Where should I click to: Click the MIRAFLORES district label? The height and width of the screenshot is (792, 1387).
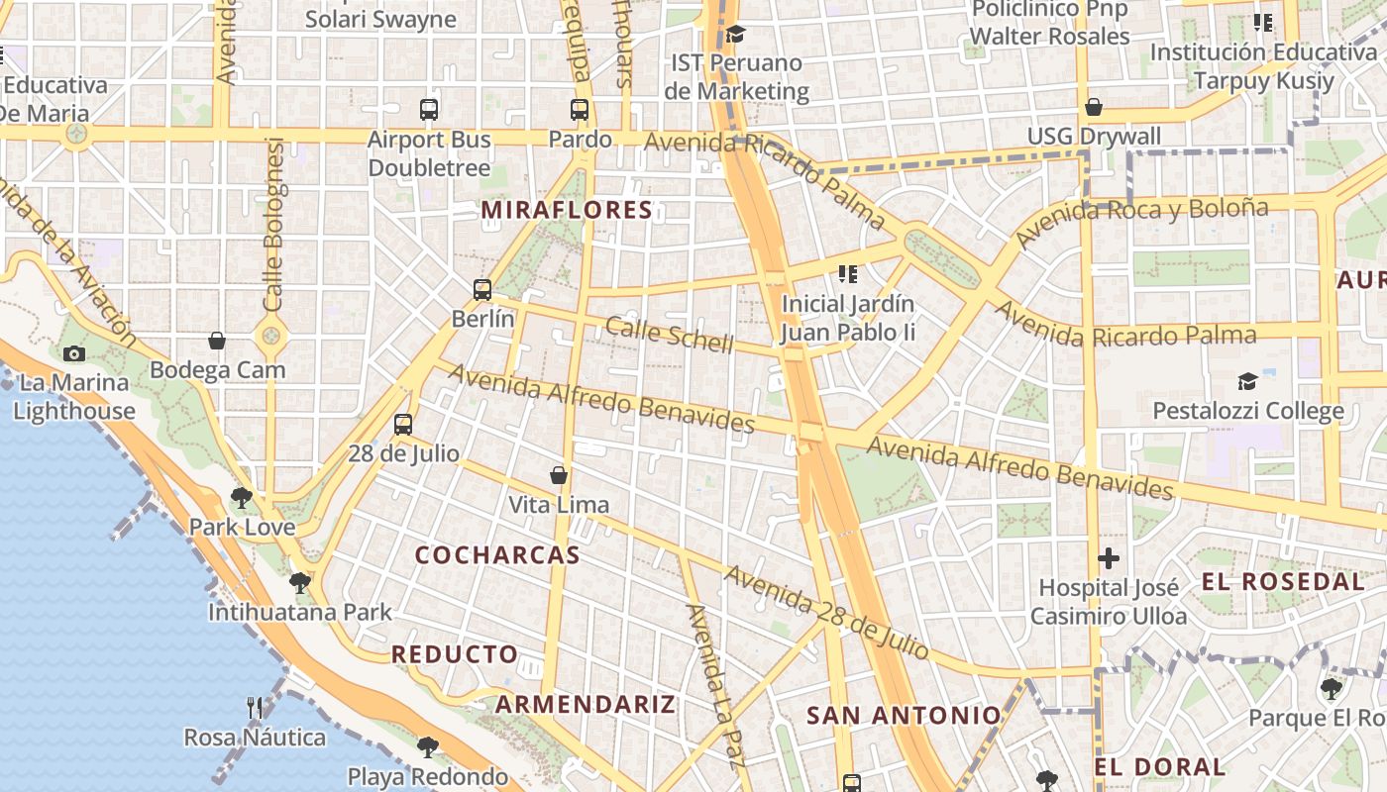tap(567, 210)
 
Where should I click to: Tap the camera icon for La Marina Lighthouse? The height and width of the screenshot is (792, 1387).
tap(73, 353)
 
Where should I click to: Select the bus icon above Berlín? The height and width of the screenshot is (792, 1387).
tap(482, 290)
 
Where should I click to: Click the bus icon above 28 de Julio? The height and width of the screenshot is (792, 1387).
tap(403, 425)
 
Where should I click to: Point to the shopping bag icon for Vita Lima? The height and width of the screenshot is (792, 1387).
tap(559, 475)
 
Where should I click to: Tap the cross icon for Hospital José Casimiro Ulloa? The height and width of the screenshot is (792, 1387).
tap(1109, 558)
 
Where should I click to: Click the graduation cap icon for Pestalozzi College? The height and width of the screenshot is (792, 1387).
tap(1247, 381)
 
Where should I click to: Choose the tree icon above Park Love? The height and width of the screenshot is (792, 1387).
tap(241, 498)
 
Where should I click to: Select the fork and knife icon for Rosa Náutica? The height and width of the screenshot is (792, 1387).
tap(255, 708)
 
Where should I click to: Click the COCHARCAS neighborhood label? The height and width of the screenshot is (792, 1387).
tap(497, 555)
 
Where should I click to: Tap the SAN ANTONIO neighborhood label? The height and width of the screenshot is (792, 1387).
tap(904, 716)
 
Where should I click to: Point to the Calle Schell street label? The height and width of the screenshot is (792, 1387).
tap(670, 336)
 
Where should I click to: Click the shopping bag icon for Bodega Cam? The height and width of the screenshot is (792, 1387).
tap(217, 342)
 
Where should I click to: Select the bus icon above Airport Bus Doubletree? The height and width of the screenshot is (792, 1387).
tap(429, 110)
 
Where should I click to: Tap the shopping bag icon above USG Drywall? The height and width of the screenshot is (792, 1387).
tap(1094, 107)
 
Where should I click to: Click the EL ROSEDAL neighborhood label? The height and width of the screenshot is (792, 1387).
tap(1283, 582)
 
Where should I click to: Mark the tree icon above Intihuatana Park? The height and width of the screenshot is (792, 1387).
tap(300, 583)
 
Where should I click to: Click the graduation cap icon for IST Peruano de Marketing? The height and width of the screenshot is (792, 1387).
tap(735, 35)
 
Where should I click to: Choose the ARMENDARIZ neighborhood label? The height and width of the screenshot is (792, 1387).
tap(586, 705)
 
